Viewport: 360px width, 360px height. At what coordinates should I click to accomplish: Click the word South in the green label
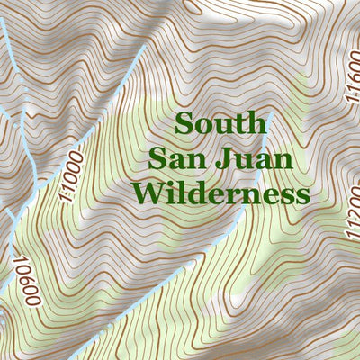(x=221, y=123)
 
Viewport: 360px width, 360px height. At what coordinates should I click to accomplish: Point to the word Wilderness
(x=220, y=193)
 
